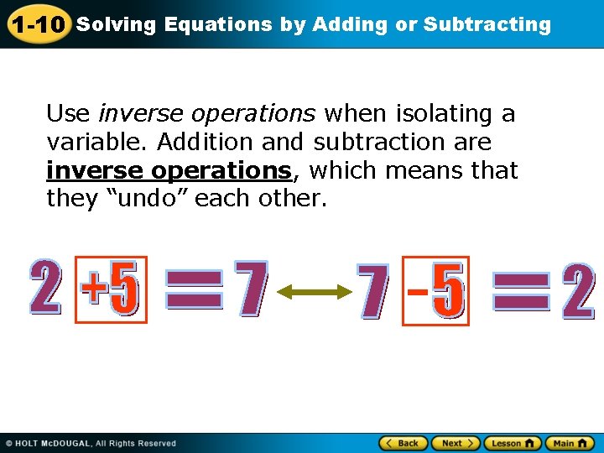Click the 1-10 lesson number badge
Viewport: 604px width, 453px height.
coord(38,24)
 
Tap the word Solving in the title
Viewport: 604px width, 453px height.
coord(116,24)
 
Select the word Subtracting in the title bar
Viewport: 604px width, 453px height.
coord(487,24)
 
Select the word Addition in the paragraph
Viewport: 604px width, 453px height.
coord(198,142)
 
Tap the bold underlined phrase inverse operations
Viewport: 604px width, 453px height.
coord(169,170)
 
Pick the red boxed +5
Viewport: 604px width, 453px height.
coord(111,289)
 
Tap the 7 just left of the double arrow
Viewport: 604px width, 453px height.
coord(251,289)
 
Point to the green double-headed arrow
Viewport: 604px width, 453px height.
coord(313,291)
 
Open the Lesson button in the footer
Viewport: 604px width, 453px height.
coord(512,443)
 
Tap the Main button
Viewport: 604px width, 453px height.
coord(569,443)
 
